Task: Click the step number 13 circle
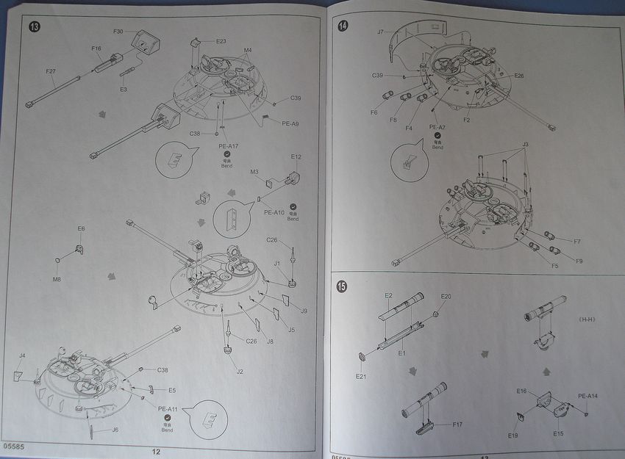tap(35, 27)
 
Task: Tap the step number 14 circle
tap(343, 26)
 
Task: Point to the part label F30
tap(118, 32)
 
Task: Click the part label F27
tap(51, 71)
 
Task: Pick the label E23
tap(221, 41)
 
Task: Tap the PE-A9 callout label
tap(290, 123)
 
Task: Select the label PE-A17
tap(229, 147)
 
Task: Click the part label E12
tap(296, 156)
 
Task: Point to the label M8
tap(57, 279)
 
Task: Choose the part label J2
tap(240, 372)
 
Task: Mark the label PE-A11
tap(168, 409)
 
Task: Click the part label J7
tap(380, 32)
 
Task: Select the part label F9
tap(579, 261)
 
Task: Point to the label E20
tap(446, 296)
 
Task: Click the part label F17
tap(457, 424)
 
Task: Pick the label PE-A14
tap(587, 396)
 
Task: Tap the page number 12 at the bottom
tap(156, 452)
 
